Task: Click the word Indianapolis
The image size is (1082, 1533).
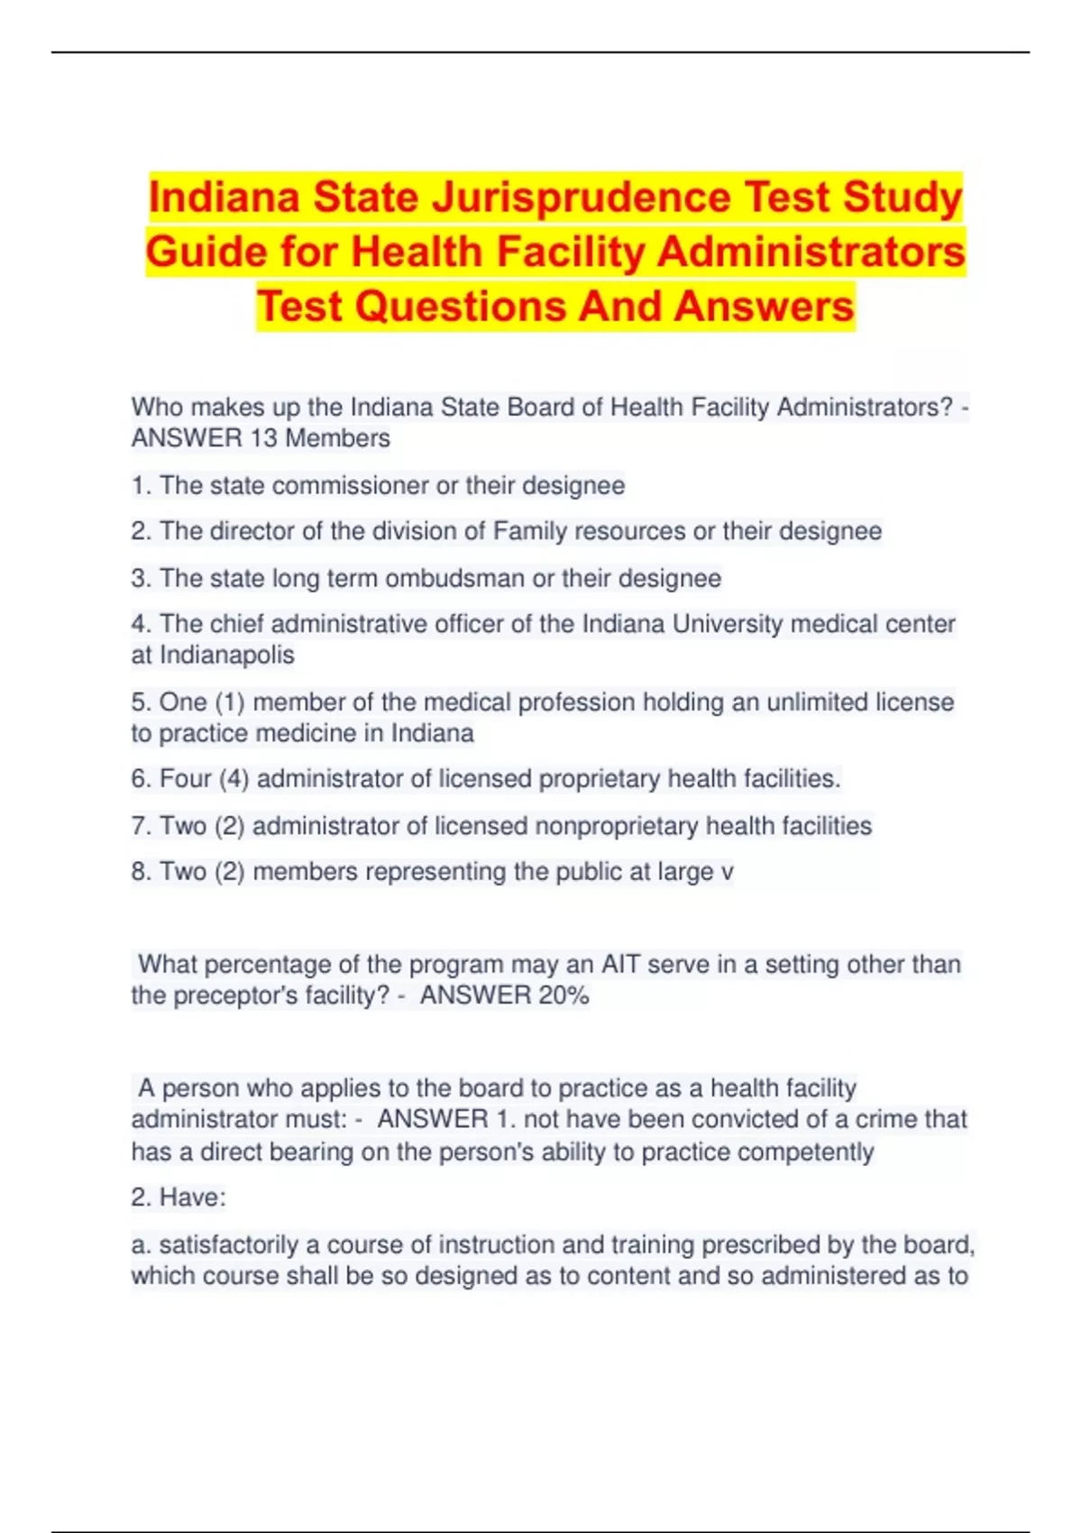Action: click(x=226, y=655)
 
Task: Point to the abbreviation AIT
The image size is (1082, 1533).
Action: click(x=620, y=964)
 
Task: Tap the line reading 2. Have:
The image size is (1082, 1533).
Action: click(x=179, y=1198)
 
